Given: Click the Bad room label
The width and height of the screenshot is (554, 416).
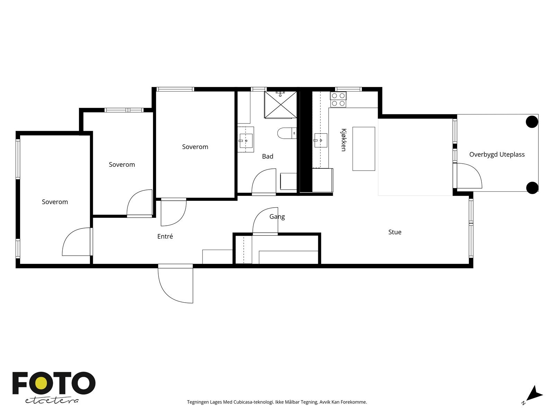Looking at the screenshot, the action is tap(268, 156).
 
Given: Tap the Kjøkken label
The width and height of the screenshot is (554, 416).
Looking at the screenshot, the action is tap(343, 140).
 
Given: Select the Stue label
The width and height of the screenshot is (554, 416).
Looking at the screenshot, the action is tap(395, 232).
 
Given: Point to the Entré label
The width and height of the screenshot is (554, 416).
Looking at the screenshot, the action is tap(165, 236).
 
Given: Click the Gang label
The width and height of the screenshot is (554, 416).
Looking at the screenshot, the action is tap(277, 217).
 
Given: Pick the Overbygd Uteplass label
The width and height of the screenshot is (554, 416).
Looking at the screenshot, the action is tap(497, 154).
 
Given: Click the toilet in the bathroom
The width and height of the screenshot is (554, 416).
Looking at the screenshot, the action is tap(287, 133).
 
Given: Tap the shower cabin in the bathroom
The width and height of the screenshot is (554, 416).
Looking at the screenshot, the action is tap(280, 105).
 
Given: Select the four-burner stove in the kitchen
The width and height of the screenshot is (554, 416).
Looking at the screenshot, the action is tap(338, 99).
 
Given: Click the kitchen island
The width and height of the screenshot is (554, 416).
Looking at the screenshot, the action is tap(364, 149).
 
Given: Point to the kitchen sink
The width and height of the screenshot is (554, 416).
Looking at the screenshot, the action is tap(321, 140).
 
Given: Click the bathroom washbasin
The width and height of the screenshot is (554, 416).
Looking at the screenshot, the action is tap(245, 140).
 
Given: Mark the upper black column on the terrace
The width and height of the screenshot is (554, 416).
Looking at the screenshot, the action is tap(532, 122).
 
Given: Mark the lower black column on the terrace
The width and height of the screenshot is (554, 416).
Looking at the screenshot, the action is tap(532, 188).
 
